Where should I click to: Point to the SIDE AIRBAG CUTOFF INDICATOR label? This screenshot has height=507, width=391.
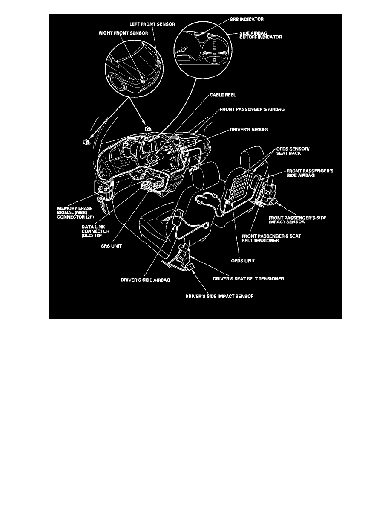260,35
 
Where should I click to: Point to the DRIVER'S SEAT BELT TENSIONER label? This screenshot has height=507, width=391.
248,279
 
